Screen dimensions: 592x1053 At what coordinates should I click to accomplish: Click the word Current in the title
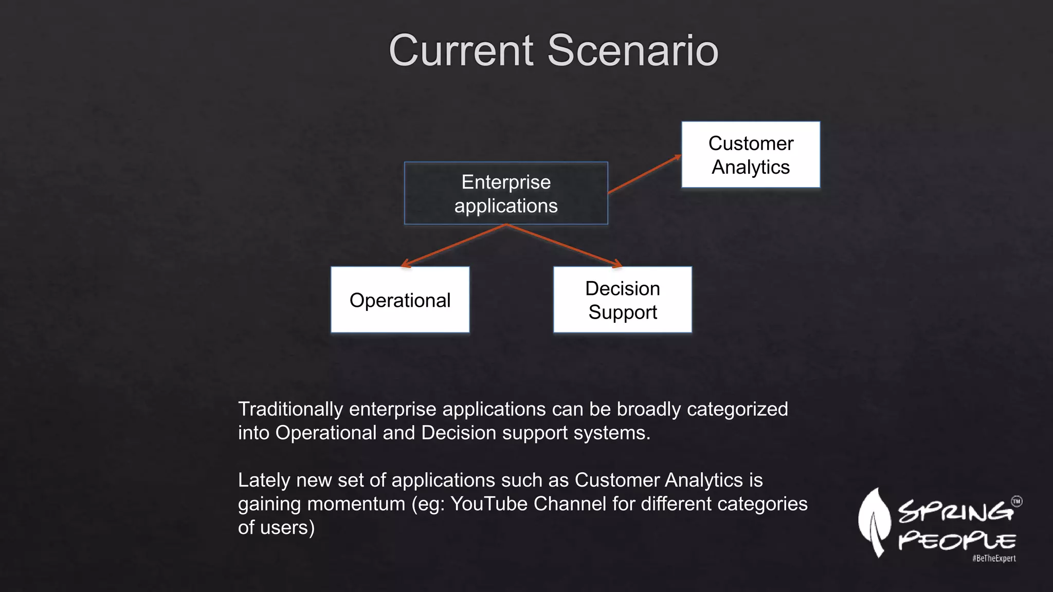tap(461, 50)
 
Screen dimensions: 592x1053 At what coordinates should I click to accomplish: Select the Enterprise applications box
tap(506, 193)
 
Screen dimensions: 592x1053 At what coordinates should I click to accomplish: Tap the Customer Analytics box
tap(750, 155)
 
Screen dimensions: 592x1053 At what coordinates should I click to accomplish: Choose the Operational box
tap(400, 300)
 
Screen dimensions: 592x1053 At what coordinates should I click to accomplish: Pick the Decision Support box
tap(622, 300)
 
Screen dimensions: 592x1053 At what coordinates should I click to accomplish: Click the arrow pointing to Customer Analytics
tap(644, 174)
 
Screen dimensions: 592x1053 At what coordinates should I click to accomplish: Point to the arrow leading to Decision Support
tap(565, 246)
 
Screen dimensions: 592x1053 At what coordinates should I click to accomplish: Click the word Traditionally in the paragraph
tap(290, 410)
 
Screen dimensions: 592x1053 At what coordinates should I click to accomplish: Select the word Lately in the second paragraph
tap(264, 480)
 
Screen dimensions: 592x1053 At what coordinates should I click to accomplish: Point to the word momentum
tap(356, 504)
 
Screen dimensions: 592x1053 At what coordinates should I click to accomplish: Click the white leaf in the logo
tap(874, 522)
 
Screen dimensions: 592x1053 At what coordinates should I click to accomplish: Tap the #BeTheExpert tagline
tap(993, 559)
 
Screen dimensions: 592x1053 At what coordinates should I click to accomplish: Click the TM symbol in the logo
tap(1016, 502)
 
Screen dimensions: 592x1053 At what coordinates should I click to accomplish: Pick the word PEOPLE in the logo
tap(956, 541)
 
